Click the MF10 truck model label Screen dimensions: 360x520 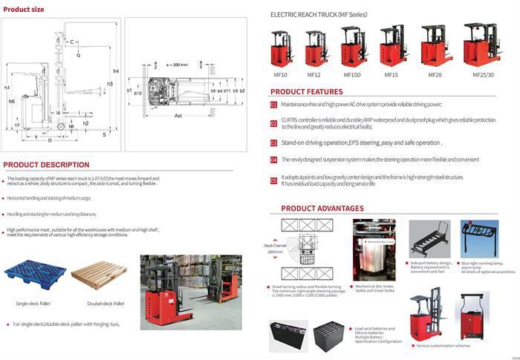coord(281,75)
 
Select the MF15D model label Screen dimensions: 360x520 coord(351,75)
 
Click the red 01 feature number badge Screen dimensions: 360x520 coord(273,105)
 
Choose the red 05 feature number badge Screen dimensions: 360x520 coord(273,178)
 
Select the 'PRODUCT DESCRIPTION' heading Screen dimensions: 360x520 coord(46,165)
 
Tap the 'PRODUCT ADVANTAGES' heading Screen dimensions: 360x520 coord(322,209)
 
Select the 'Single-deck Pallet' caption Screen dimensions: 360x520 coord(33,304)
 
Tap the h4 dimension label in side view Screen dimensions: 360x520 coord(116,71)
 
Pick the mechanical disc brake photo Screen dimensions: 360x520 coord(374,250)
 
